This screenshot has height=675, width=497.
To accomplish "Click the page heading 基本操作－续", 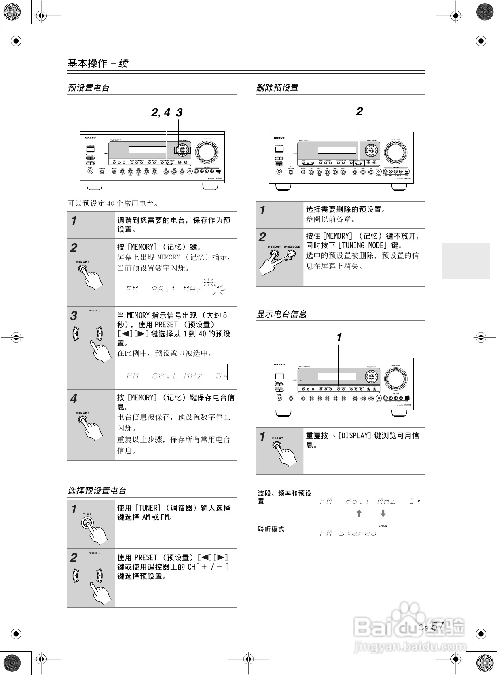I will [x=98, y=63].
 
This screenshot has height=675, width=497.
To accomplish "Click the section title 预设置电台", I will [x=89, y=88].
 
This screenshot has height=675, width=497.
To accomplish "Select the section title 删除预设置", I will [x=277, y=88].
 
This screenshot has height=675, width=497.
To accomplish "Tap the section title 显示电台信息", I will [x=281, y=314].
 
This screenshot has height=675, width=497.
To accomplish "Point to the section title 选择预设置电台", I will [x=97, y=491].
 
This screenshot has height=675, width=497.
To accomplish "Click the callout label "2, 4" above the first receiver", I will [x=161, y=113].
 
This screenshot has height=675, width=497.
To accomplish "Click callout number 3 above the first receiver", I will [x=179, y=113].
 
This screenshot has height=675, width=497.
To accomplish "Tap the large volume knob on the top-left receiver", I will [x=207, y=152].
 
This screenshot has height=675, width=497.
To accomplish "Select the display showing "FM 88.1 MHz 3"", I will [x=176, y=372].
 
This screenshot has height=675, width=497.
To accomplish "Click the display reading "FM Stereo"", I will [x=369, y=529].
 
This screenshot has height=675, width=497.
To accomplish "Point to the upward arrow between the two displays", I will [x=358, y=513].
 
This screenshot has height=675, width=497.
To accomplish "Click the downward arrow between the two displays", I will [x=383, y=513].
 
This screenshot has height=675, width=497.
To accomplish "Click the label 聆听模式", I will [x=271, y=529].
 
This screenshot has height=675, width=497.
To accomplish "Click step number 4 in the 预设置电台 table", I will [x=74, y=399].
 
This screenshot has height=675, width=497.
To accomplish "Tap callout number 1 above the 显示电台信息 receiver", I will [x=339, y=337].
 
